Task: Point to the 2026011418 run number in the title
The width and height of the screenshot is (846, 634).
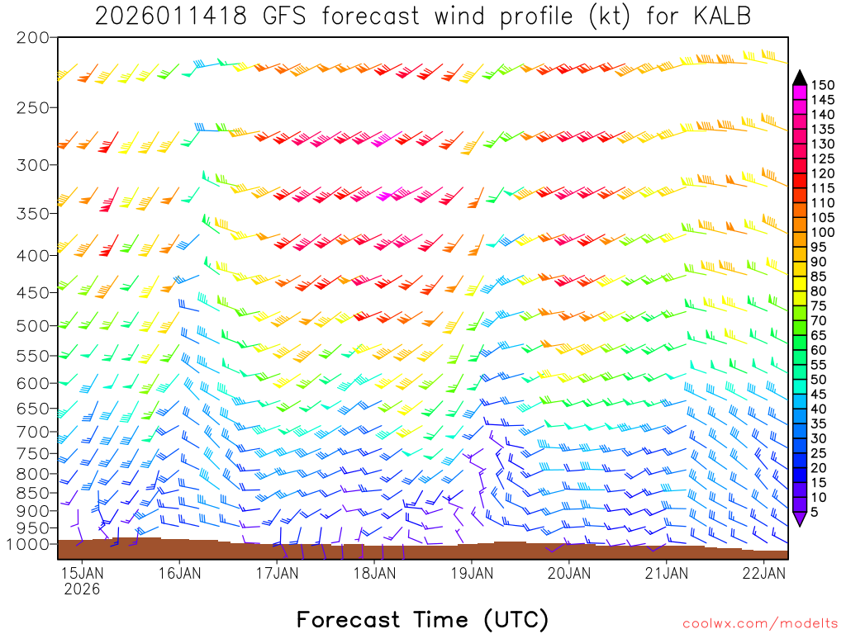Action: point(170,16)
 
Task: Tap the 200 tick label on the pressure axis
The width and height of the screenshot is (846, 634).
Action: point(33,38)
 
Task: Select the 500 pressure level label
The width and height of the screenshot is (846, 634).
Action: point(33,325)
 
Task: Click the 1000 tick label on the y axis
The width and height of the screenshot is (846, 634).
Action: point(28,544)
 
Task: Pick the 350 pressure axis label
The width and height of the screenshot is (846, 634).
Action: point(33,213)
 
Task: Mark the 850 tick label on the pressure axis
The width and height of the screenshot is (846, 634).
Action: point(33,493)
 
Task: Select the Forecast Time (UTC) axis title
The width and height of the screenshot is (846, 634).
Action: point(422,619)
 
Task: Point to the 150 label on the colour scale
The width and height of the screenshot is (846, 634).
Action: point(822,85)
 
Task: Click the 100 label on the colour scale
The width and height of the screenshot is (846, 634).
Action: point(822,232)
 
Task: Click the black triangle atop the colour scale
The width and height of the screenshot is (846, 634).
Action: point(800,78)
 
